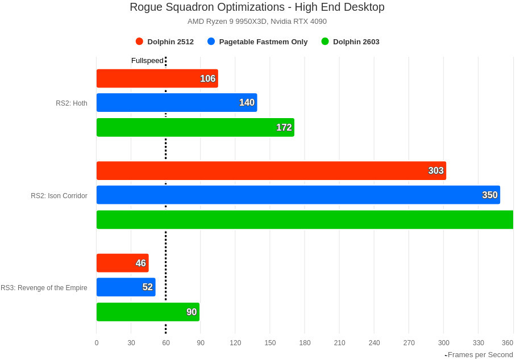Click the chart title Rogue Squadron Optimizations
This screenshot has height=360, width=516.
coord(257,7)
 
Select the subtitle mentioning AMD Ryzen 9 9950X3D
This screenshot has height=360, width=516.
coord(257,22)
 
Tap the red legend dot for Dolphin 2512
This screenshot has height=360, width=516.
coord(139,41)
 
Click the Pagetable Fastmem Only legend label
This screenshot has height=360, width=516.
coord(263,41)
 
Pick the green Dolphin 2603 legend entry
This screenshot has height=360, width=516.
coord(356,41)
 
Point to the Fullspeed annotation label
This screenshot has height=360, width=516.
coord(147,61)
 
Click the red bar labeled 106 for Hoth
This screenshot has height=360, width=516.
coord(157,78)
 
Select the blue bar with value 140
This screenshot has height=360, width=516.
coord(176,103)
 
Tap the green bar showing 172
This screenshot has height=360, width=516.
coord(195,127)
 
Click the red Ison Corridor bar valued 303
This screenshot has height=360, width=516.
coord(271,170)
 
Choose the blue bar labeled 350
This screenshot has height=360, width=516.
coord(298,195)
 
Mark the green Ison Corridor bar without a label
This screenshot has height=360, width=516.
coord(305,220)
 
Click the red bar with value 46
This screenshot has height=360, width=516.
coord(122,263)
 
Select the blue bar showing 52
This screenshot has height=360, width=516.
coord(126,287)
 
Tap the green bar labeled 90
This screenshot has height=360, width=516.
coord(148,312)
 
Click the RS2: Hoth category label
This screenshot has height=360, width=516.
coord(72,103)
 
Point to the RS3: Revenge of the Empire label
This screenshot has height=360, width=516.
coord(44,288)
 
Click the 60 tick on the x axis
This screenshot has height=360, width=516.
coord(166,342)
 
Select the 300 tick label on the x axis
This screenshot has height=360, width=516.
coord(444,342)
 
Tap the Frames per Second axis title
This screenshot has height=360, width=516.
coord(480,355)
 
